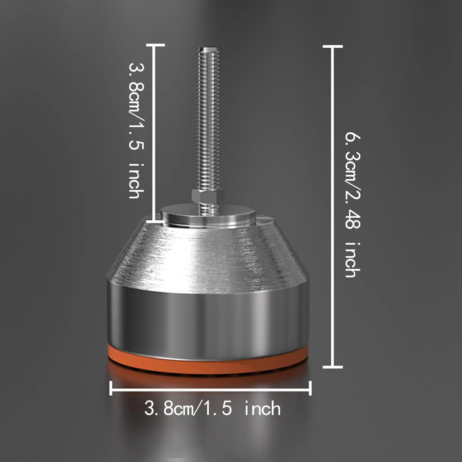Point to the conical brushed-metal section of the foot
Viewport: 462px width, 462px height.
[208, 254]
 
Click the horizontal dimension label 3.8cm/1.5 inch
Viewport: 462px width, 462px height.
[212, 409]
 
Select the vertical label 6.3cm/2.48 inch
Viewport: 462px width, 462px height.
[353, 205]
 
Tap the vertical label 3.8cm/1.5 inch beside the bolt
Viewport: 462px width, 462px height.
[136, 130]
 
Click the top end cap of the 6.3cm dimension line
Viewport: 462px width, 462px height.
[333, 46]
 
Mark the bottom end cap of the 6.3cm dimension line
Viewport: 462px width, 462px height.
[333, 367]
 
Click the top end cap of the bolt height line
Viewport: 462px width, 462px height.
[155, 45]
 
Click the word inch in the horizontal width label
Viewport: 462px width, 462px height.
[262, 409]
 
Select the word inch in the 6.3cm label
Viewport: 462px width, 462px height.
[353, 260]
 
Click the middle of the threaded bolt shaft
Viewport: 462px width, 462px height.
[207, 121]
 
